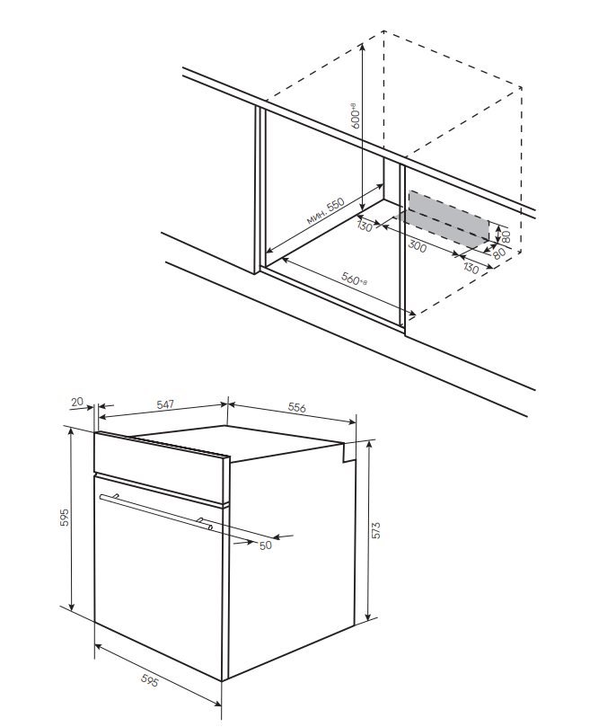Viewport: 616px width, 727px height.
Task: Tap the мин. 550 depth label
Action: [324, 213]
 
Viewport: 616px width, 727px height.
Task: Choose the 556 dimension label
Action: [297, 407]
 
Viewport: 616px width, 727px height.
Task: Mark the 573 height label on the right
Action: [376, 530]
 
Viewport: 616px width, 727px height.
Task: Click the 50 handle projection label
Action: [265, 545]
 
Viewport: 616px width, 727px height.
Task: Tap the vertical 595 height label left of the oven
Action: [64, 518]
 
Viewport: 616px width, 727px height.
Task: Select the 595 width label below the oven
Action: [150, 681]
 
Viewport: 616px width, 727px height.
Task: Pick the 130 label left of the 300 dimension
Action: [364, 227]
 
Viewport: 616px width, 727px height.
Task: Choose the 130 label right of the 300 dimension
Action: [470, 267]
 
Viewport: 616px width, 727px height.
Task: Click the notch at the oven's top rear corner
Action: [345, 453]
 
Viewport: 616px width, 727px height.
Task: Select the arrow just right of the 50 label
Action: [284, 537]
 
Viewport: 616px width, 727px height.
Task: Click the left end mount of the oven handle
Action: [104, 496]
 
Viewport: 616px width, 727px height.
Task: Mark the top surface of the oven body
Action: [242, 440]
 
